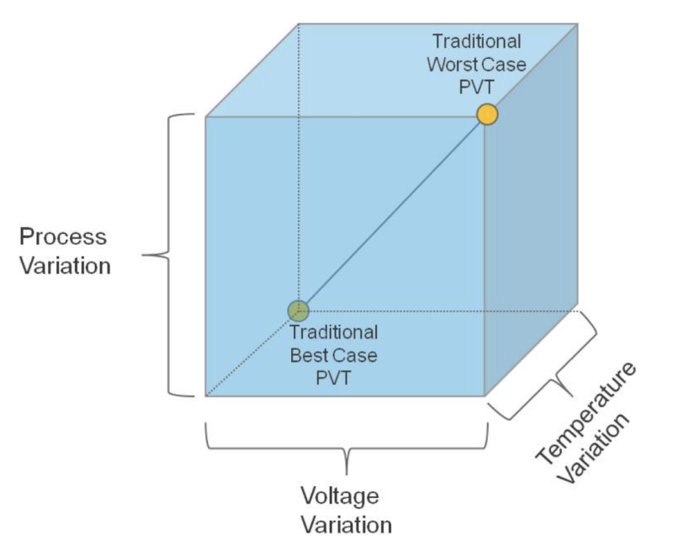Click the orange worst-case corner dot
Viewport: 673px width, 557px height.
tap(487, 114)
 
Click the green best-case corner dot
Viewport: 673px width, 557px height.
tap(298, 310)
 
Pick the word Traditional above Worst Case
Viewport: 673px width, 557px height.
tap(476, 41)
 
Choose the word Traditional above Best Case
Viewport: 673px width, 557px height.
tap(334, 332)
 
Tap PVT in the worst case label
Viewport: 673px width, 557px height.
tap(477, 86)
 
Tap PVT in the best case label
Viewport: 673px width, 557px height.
tap(333, 377)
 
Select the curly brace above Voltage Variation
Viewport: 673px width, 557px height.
tap(347, 442)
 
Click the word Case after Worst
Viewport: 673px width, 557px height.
tap(501, 64)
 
